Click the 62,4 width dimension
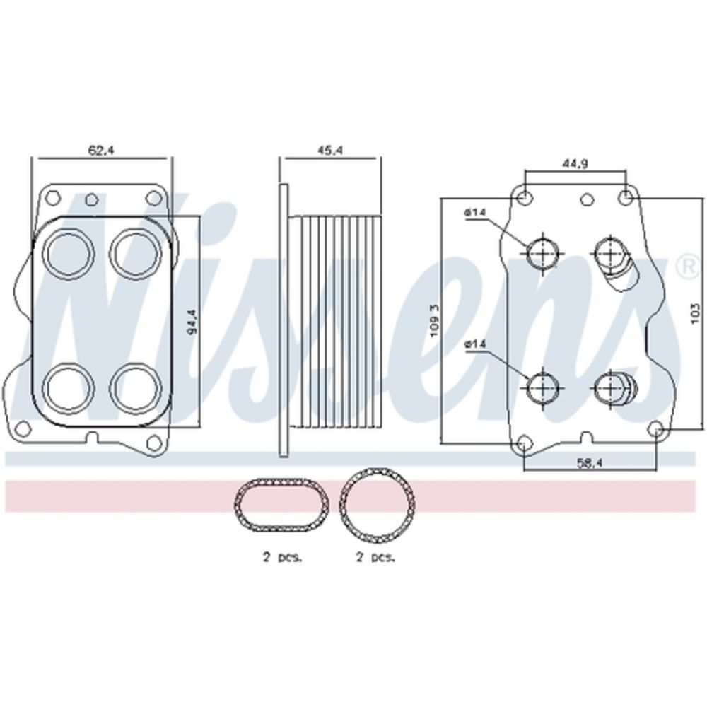tap(101, 150)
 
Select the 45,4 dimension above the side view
tap(329, 150)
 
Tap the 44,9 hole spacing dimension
tap(574, 164)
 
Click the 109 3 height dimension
tap(435, 320)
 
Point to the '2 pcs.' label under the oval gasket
tap(283, 558)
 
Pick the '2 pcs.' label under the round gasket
tap(375, 558)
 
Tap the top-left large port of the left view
tap(69, 252)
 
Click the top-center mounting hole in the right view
tap(587, 199)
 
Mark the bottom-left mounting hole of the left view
tap(22, 427)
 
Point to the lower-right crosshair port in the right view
tap(611, 387)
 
